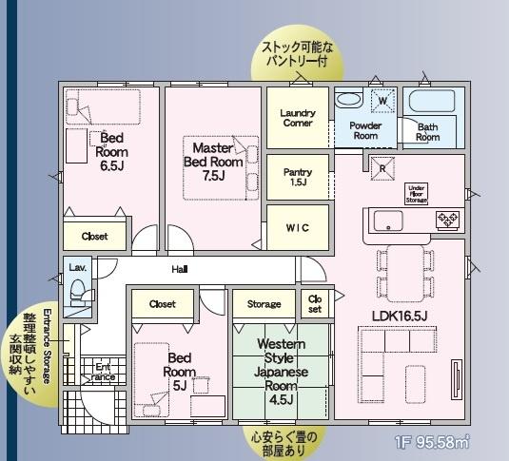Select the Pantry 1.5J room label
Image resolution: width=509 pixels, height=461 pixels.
(297, 177)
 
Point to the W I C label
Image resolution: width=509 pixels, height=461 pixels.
(297, 228)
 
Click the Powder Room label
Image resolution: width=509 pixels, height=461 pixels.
(365, 131)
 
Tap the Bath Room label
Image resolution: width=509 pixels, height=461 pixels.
(427, 132)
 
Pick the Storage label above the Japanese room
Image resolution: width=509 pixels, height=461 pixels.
(264, 304)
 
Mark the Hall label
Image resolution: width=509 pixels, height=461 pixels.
(179, 270)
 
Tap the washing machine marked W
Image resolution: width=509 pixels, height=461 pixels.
(382, 100)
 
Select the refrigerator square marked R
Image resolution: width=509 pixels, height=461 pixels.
(382, 167)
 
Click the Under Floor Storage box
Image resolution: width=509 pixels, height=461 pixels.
(416, 194)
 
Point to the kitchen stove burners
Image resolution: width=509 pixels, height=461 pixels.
(446, 221)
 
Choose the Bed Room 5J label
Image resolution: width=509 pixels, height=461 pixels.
(181, 372)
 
